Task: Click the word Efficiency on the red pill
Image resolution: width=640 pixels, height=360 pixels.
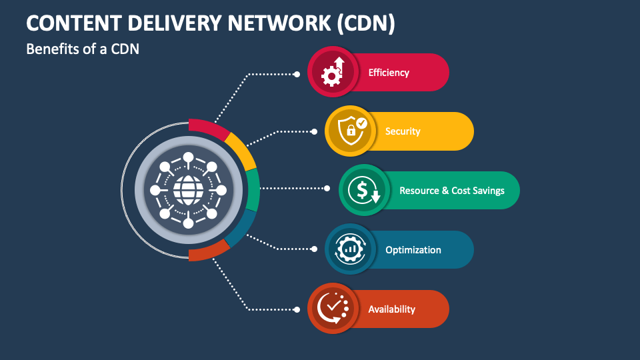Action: point(389,73)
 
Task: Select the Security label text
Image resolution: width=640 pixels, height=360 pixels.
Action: point(403,131)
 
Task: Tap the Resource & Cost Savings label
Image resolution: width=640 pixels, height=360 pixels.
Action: point(451,191)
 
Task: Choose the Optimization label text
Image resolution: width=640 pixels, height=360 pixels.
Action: point(413,250)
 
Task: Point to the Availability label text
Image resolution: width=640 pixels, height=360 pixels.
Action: point(391,309)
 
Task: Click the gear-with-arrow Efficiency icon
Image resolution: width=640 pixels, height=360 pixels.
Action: point(332,72)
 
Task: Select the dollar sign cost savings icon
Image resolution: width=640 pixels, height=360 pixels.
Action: point(364,191)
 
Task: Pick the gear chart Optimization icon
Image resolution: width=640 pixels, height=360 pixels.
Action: point(349,250)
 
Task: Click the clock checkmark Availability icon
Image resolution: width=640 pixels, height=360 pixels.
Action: point(332,309)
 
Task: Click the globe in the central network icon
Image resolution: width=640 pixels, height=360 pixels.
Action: point(188,191)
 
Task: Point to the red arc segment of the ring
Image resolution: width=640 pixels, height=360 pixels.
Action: point(208,127)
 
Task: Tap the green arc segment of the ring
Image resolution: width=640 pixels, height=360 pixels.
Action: point(253,190)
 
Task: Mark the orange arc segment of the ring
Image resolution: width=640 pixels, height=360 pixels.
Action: point(208,253)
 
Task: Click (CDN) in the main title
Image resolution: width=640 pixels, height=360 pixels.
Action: point(366,23)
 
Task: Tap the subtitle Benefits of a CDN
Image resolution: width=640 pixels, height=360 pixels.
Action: point(82,49)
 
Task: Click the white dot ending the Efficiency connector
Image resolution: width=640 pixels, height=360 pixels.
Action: point(297,74)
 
